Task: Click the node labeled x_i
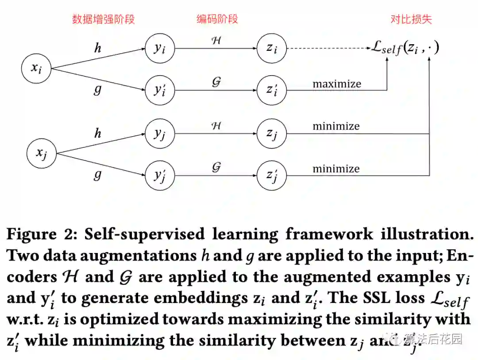(37, 69)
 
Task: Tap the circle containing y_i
(160, 48)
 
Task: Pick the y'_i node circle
(160, 90)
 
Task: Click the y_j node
(160, 133)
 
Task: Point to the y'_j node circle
(160, 175)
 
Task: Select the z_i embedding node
(272, 48)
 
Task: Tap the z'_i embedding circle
(272, 90)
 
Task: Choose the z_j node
(272, 133)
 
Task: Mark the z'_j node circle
(272, 175)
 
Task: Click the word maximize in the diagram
(337, 84)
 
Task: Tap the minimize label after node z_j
(336, 126)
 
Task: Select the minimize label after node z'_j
(336, 169)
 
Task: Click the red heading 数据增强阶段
(104, 19)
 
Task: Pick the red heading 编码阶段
(217, 19)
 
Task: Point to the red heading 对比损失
(411, 19)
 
